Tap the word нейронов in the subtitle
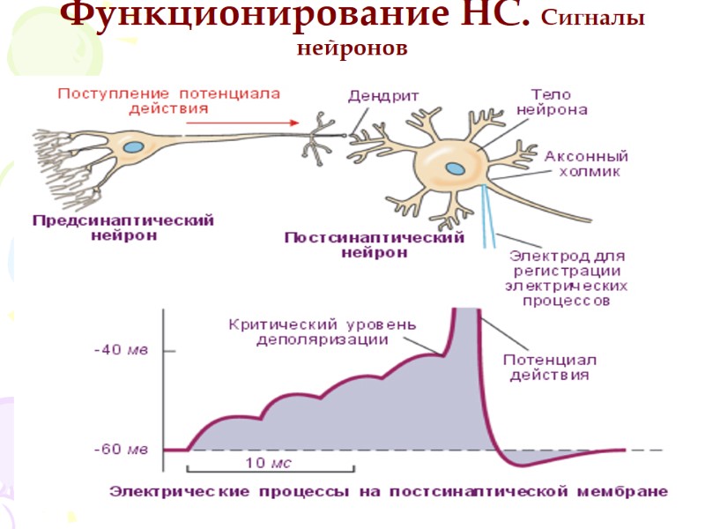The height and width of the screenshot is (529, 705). coord(352,48)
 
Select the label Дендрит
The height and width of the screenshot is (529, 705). coord(382,96)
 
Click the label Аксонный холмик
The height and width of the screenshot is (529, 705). coord(582,162)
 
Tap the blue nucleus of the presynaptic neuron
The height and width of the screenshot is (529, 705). coord(135,146)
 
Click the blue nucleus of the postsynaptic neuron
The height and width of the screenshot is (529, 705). coord(454,168)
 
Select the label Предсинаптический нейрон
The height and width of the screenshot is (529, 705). coord(122,227)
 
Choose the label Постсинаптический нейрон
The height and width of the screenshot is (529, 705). coord(375,244)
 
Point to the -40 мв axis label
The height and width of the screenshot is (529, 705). coord(122,349)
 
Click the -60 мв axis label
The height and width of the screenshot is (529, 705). coord(122,450)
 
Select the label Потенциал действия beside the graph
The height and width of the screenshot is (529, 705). coord(550,367)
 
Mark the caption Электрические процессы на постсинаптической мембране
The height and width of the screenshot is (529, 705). coord(389,491)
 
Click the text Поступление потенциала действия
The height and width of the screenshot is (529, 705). coord(169,101)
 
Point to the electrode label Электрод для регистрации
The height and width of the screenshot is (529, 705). coord(569,279)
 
